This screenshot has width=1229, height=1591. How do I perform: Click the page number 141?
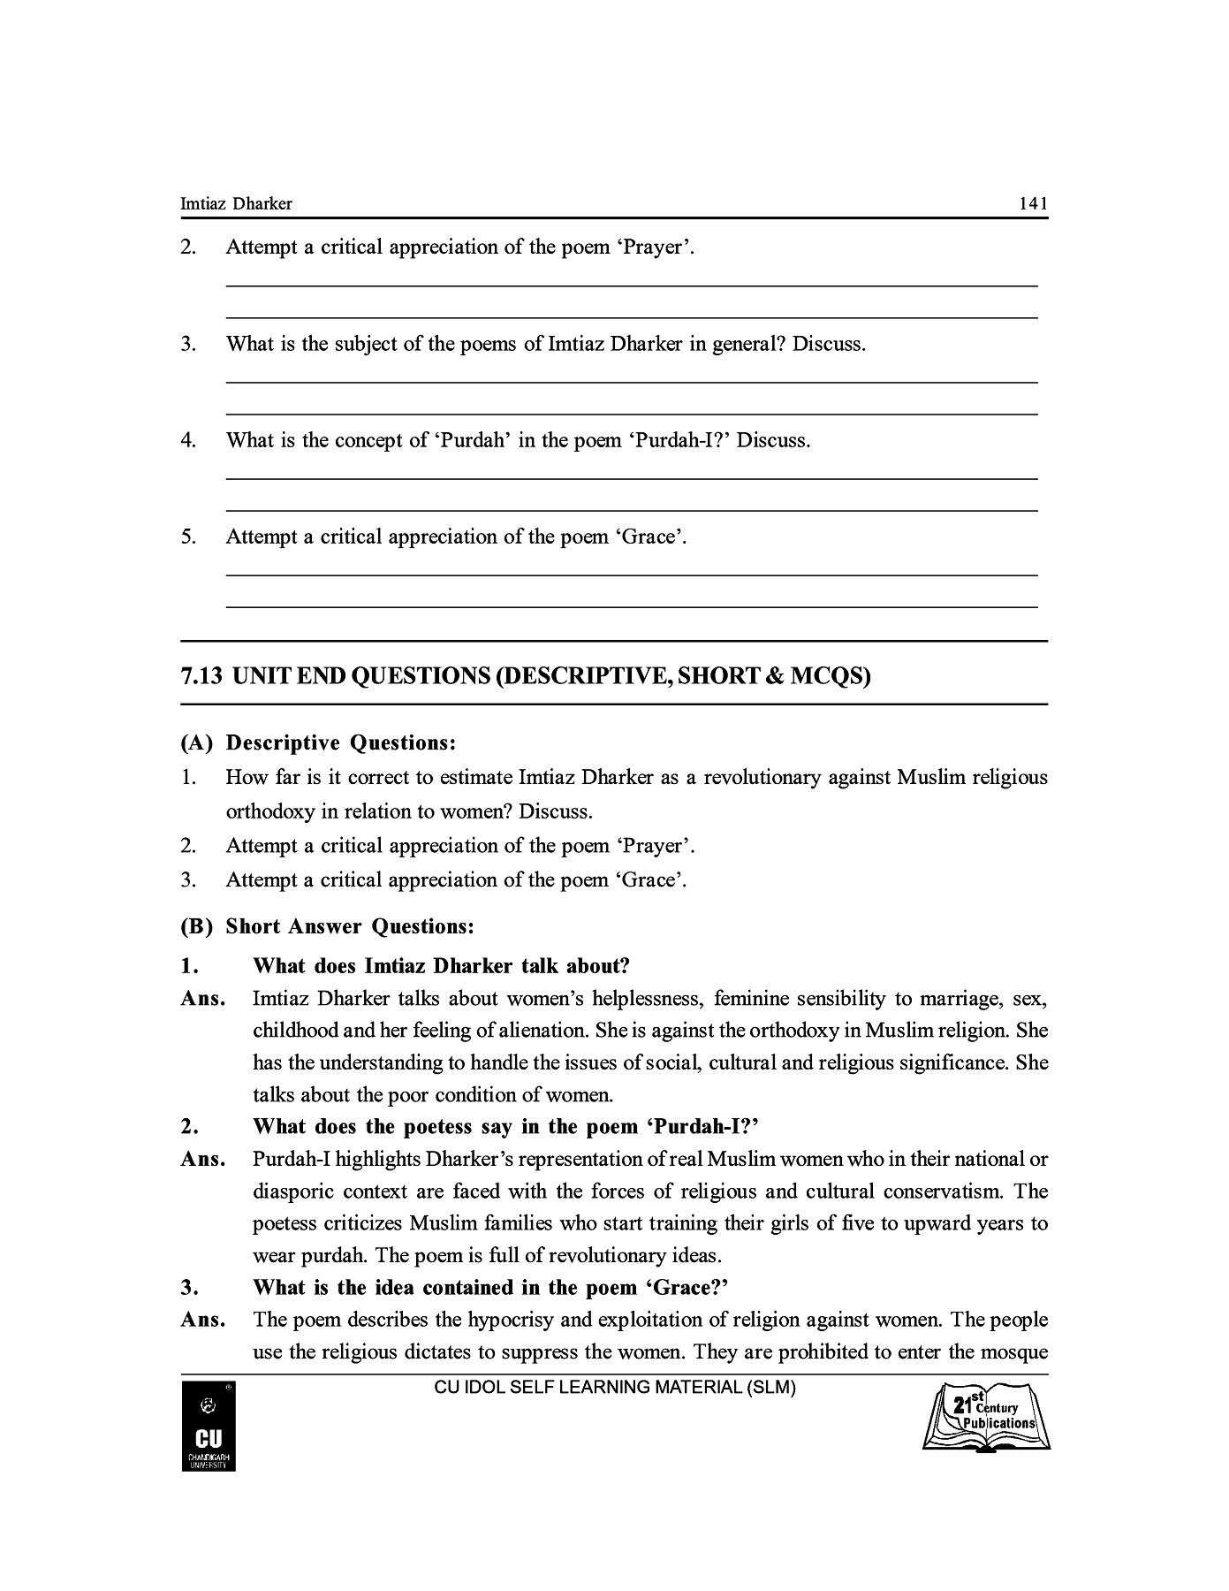[x=1033, y=204]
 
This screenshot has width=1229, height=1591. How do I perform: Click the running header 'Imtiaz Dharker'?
[x=236, y=204]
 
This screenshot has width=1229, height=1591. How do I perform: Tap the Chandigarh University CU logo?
[x=209, y=1427]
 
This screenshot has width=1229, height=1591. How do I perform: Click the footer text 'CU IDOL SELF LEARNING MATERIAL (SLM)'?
[x=615, y=1388]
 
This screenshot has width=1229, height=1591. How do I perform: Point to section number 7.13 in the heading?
[x=200, y=677]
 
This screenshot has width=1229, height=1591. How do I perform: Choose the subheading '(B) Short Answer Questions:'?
[x=328, y=927]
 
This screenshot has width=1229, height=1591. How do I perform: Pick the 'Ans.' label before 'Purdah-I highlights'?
[x=203, y=1160]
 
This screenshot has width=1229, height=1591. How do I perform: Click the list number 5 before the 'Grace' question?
[x=187, y=537]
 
